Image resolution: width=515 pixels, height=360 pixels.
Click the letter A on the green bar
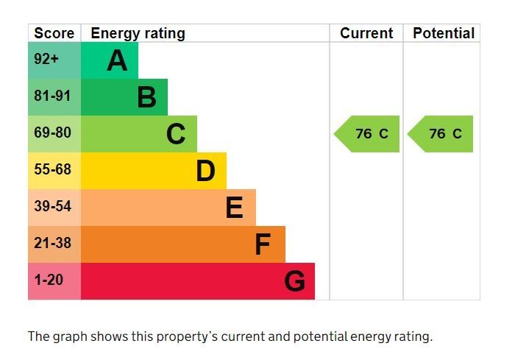[117, 60]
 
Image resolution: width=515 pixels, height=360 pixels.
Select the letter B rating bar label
[146, 97]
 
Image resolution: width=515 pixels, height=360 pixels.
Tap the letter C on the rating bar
[176, 134]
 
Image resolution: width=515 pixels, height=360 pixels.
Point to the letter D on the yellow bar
[205, 171]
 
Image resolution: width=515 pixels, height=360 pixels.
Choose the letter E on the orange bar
[234, 208]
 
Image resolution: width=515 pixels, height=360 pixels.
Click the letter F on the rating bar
[263, 244]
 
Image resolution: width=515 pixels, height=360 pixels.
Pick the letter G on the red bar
[294, 281]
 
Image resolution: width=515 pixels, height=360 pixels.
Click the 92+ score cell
[46, 60]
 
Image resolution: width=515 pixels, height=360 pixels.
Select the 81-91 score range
[53, 96]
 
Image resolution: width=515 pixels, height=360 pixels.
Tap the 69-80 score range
[53, 133]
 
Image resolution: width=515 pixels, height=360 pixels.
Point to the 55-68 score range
[53, 170]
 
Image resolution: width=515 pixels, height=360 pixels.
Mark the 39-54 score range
[53, 207]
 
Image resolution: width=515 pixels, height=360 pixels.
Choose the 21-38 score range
[53, 244]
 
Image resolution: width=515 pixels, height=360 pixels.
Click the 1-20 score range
[49, 280]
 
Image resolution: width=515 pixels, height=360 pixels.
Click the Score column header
[54, 33]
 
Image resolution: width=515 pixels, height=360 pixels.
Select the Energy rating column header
[138, 33]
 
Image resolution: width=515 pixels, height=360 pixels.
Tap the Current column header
[366, 33]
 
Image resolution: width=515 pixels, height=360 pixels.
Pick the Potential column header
[444, 33]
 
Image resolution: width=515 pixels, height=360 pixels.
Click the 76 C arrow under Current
[368, 134]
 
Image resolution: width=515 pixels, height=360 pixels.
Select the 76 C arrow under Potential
[441, 134]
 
